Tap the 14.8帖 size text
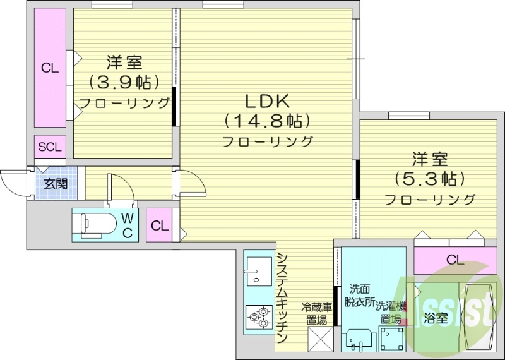[x=266, y=121]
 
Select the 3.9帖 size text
[x=124, y=82]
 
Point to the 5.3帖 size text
[x=430, y=179]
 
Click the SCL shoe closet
[x=50, y=147]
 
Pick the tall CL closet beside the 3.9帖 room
[x=50, y=68]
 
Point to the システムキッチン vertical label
[x=283, y=296]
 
